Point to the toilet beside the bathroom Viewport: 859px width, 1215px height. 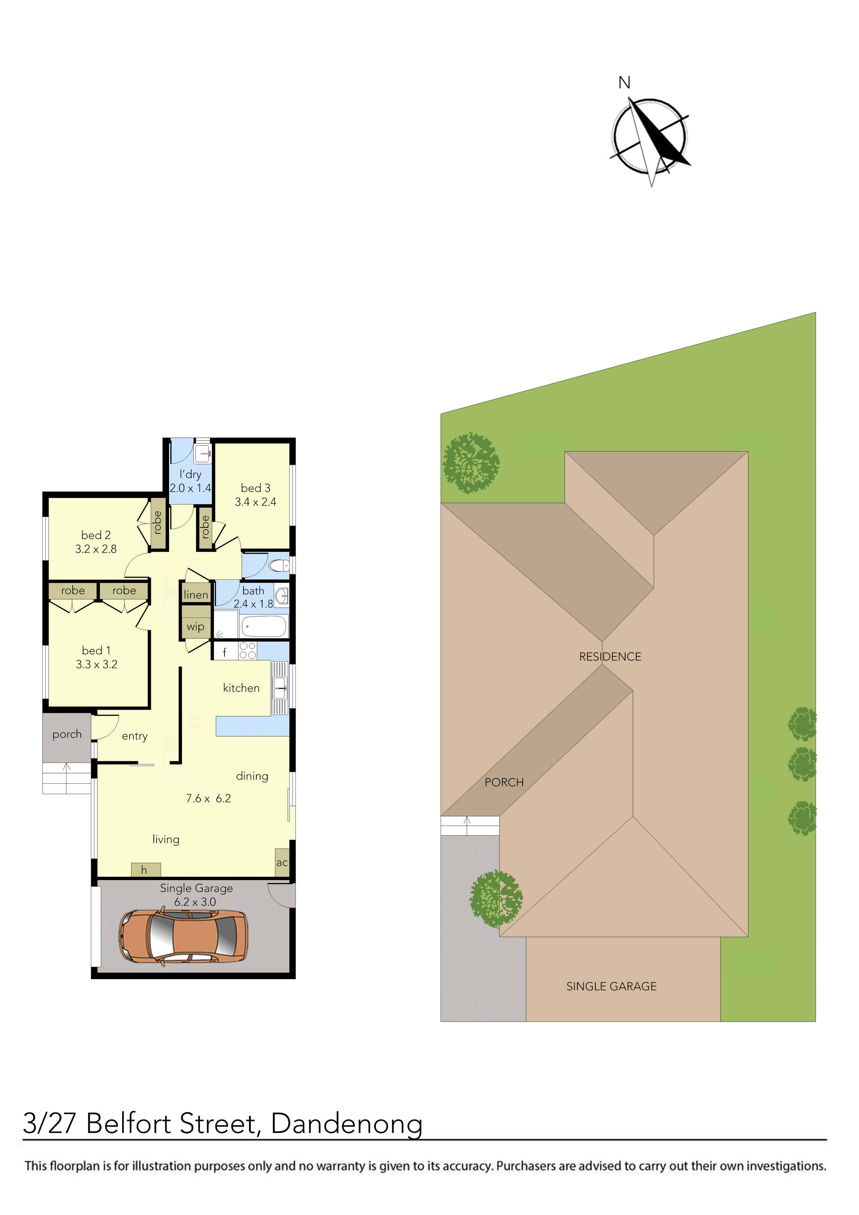[279, 566]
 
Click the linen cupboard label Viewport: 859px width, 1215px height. [196, 595]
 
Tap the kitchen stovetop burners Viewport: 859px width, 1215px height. [247, 650]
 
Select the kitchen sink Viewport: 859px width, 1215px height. [280, 688]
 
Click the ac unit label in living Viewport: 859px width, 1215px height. [282, 862]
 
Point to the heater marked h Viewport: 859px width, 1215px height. [144, 870]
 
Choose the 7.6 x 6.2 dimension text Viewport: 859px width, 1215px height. [209, 799]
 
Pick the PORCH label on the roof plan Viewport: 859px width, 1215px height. [504, 782]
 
